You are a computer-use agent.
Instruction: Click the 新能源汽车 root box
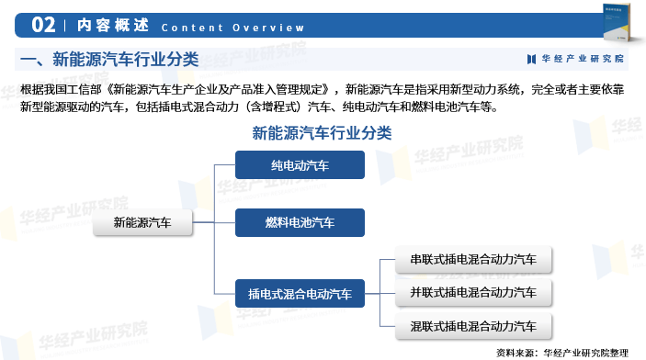(x=142, y=222)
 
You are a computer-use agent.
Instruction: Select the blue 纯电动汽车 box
(x=300, y=165)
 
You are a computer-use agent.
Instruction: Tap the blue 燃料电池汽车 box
(x=300, y=222)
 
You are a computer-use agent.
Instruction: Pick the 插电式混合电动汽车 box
(x=300, y=294)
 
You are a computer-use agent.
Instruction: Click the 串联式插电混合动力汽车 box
(x=473, y=259)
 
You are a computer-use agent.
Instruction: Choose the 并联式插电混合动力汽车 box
(x=473, y=293)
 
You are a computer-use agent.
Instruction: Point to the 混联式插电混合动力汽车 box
(x=473, y=326)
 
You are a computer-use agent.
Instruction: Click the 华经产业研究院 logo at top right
(x=574, y=59)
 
